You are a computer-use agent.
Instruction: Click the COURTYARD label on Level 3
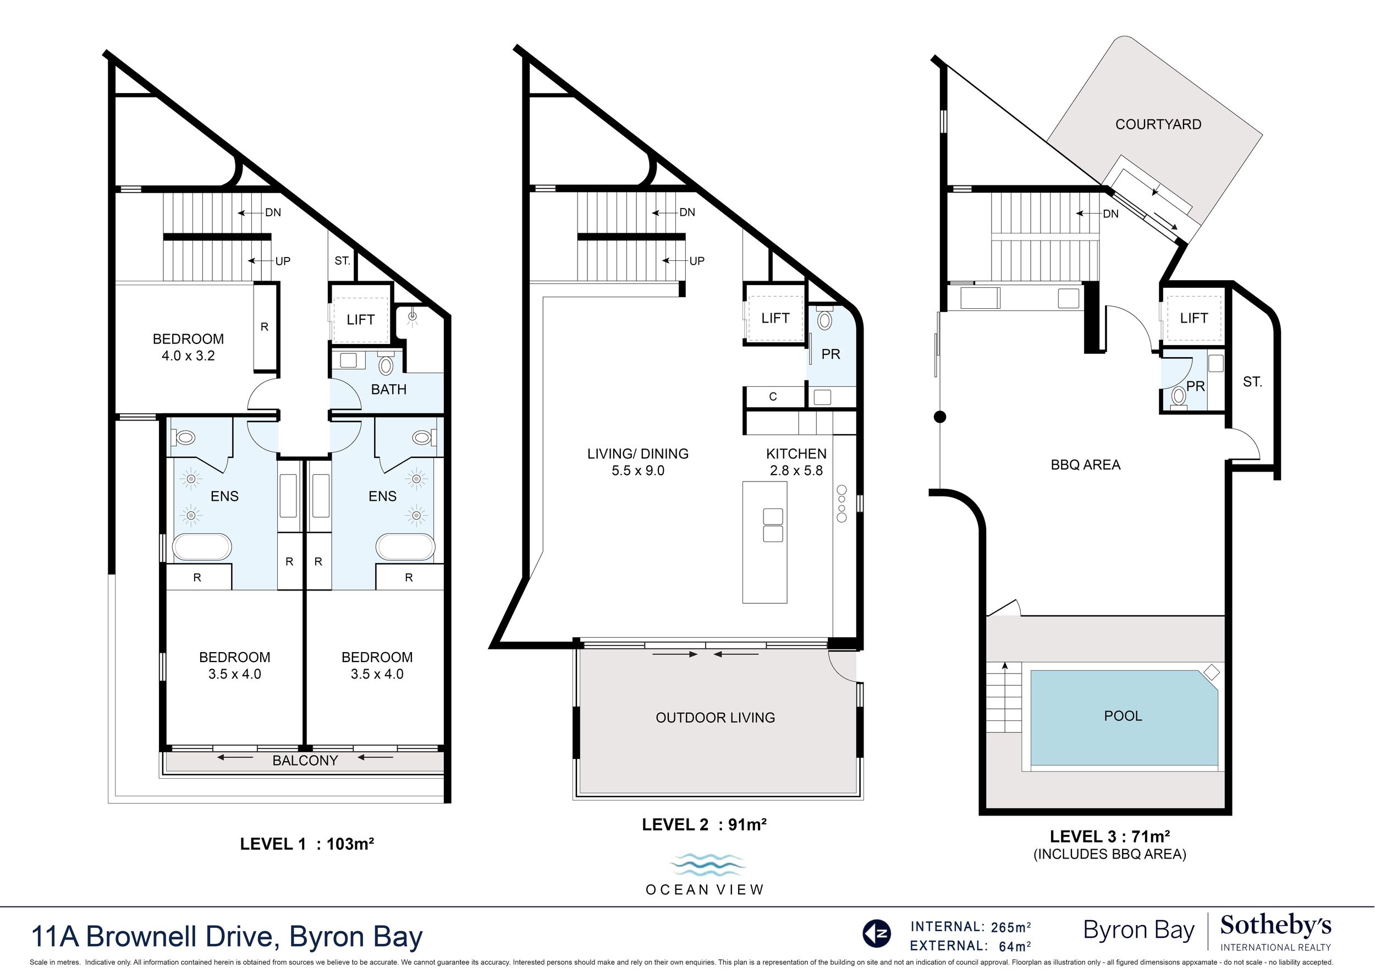click(1158, 124)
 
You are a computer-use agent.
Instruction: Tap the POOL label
click(1123, 716)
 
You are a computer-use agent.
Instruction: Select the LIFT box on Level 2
click(775, 315)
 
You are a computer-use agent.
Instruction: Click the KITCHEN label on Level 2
click(796, 454)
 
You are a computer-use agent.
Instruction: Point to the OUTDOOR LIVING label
click(715, 718)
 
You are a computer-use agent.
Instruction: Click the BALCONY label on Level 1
click(305, 761)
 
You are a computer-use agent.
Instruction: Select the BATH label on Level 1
click(389, 390)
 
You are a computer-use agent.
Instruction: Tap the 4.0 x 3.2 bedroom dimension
click(188, 356)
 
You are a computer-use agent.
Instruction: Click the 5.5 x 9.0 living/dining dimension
click(638, 471)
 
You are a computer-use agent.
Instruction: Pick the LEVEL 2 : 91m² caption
click(704, 825)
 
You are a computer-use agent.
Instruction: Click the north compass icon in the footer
click(877, 933)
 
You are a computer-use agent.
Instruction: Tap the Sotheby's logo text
click(1275, 926)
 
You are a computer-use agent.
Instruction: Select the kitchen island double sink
click(773, 525)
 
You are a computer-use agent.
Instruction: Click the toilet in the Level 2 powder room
click(824, 319)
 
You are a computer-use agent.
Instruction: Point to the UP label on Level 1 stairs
click(283, 261)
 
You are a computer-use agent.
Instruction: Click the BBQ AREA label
click(1086, 465)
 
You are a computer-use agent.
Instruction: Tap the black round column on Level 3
click(940, 417)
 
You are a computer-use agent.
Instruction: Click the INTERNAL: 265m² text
click(971, 927)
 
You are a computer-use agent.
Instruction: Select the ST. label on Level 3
click(1252, 381)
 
